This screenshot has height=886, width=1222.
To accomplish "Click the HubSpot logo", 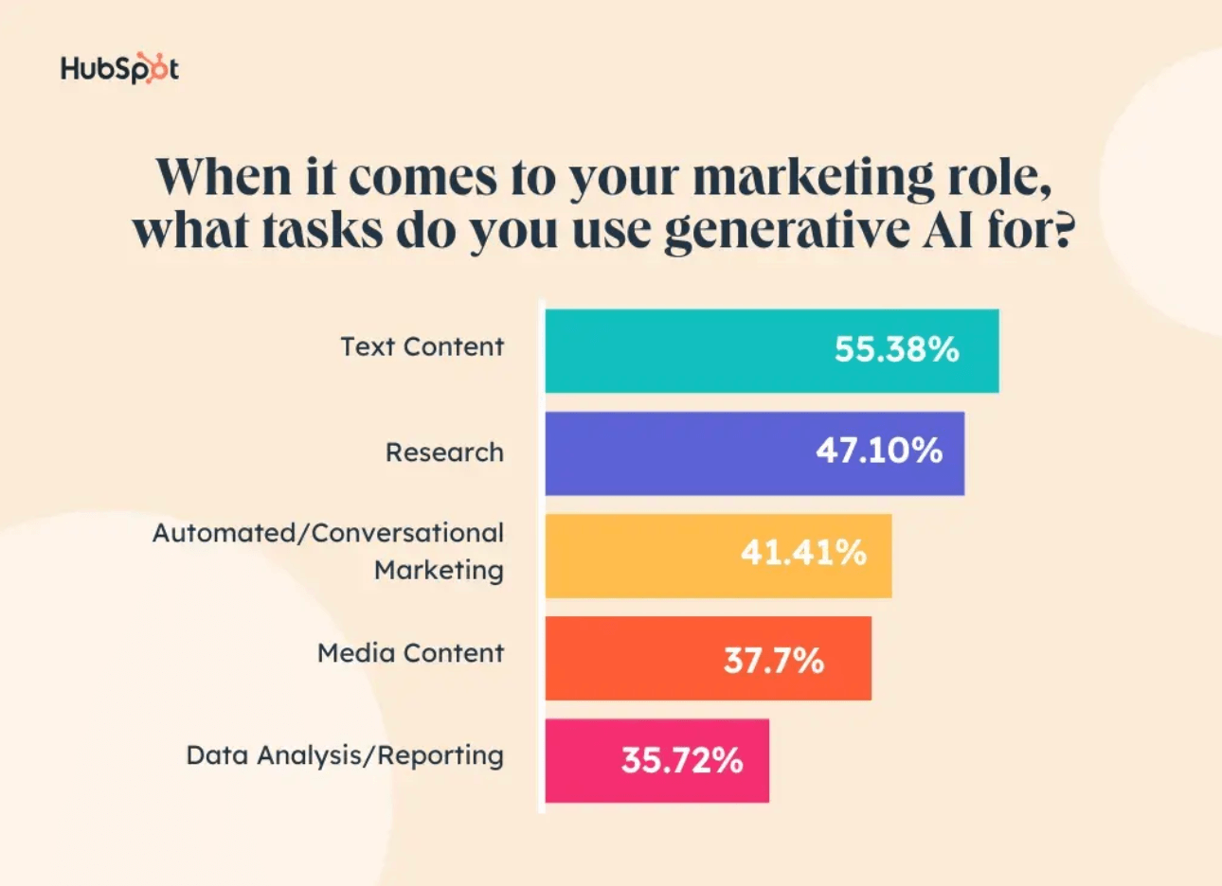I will click(x=119, y=68).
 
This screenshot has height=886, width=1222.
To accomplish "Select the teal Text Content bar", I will click(x=682, y=350).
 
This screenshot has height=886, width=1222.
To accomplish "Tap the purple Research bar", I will click(x=663, y=452).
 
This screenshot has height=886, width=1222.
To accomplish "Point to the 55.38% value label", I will click(x=896, y=350).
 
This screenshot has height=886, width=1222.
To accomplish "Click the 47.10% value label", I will click(x=879, y=451).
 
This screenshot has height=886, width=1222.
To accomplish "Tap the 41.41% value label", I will click(x=803, y=553).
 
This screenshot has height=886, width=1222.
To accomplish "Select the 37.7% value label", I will click(x=773, y=660).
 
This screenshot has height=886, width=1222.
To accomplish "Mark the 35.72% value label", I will click(x=682, y=760).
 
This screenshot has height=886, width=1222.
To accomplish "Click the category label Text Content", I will click(x=422, y=346).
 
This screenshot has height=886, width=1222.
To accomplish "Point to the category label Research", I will click(x=444, y=452).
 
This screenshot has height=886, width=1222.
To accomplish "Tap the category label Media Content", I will click(x=410, y=653).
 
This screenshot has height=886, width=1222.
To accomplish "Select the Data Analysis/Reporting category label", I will click(x=345, y=755).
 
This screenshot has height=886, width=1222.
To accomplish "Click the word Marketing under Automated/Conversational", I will click(x=439, y=571).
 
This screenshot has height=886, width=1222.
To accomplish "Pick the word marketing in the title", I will click(x=813, y=178).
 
